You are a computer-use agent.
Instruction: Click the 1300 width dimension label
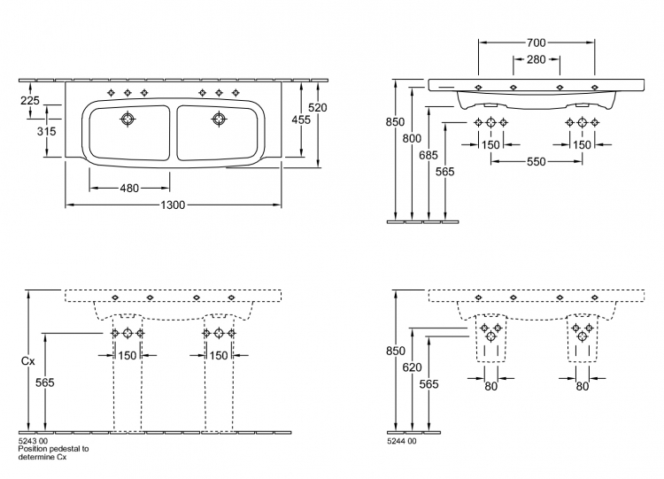click(173, 205)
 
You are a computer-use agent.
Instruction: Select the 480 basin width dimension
click(129, 188)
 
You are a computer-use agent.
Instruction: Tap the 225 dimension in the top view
click(29, 100)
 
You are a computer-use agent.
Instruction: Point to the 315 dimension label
click(46, 131)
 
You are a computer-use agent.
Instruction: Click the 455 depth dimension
click(301, 120)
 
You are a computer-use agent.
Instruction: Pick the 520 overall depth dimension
click(318, 108)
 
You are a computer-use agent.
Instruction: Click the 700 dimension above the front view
click(537, 42)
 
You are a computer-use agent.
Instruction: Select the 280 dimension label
click(537, 59)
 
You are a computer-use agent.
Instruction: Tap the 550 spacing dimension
click(537, 162)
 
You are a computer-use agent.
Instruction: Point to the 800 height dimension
click(412, 138)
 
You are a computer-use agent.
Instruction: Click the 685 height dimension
click(429, 155)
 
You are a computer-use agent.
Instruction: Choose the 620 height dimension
click(412, 367)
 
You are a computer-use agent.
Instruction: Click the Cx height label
click(28, 361)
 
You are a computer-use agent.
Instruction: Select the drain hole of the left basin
click(127, 119)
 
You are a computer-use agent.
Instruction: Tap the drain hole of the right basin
click(219, 119)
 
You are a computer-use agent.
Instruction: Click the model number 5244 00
click(401, 441)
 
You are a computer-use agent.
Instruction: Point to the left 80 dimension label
click(490, 386)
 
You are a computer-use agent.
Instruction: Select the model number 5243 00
click(33, 441)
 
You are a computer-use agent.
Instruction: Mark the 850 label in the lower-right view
click(395, 351)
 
